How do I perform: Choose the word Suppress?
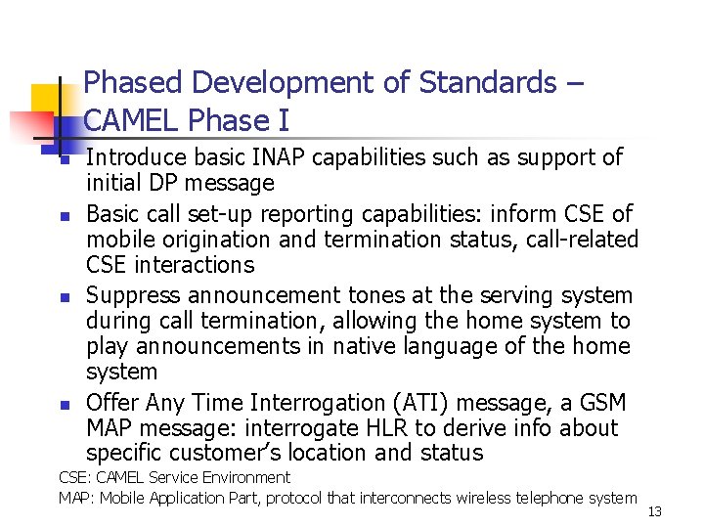pyautogui.click(x=132, y=295)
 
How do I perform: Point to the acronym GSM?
pyautogui.click(x=603, y=403)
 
